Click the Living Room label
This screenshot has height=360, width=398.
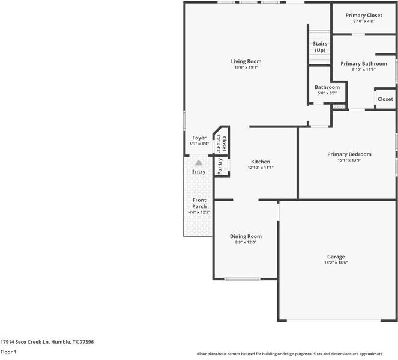[246, 61]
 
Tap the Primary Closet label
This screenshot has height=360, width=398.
[364, 16]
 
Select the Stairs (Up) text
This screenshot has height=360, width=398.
[319, 47]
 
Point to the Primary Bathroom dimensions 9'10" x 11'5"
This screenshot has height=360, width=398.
[364, 70]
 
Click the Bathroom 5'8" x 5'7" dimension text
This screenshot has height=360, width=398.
[327, 93]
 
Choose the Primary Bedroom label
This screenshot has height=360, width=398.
[349, 154]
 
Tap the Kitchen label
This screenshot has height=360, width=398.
[261, 162]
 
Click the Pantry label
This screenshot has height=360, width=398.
[220, 166]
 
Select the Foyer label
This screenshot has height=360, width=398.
[199, 138]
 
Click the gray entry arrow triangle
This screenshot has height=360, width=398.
[199, 162]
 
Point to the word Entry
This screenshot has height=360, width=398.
[199, 172]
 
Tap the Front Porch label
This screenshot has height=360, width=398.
[199, 203]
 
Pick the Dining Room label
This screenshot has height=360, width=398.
[246, 236]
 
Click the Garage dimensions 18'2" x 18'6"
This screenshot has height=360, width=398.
[336, 263]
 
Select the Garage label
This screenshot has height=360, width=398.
[336, 257]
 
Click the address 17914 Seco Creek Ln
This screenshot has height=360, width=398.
[47, 341]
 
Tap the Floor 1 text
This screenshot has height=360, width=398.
[8, 352]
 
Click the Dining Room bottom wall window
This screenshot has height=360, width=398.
[242, 279]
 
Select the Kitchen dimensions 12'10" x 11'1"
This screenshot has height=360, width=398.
[261, 168]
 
